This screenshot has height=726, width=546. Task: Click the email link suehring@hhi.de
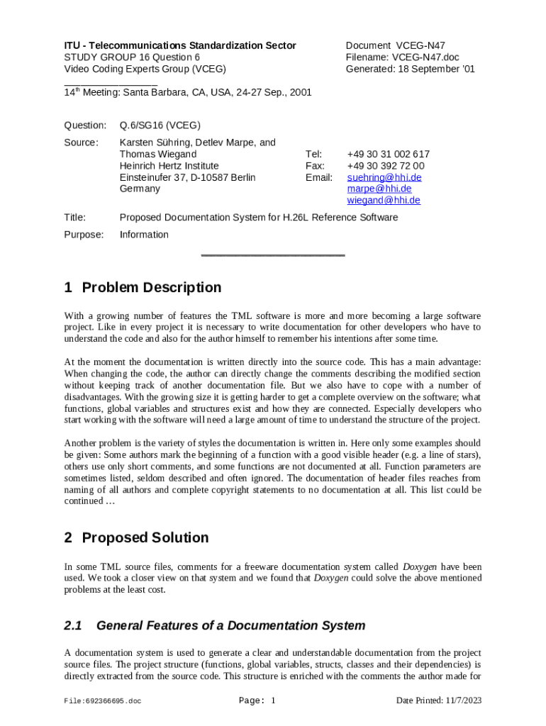tap(384, 177)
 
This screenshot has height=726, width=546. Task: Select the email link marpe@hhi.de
tap(379, 189)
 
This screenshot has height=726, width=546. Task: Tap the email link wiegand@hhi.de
tap(384, 200)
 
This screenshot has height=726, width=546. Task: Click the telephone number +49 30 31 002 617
tap(388, 154)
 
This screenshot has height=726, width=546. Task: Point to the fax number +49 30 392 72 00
tap(386, 166)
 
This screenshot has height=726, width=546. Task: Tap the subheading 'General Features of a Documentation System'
tap(230, 625)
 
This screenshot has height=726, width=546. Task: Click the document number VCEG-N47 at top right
tap(420, 45)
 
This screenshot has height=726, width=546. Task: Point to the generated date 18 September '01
tap(435, 69)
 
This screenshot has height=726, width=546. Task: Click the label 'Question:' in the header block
tap(85, 125)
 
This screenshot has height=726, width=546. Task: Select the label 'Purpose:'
tap(84, 235)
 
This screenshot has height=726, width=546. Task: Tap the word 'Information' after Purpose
tap(144, 235)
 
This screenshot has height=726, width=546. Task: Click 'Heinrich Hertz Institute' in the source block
tap(169, 166)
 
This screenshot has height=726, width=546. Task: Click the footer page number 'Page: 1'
tap(257, 701)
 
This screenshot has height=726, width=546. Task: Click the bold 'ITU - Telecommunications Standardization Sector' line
tap(180, 45)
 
